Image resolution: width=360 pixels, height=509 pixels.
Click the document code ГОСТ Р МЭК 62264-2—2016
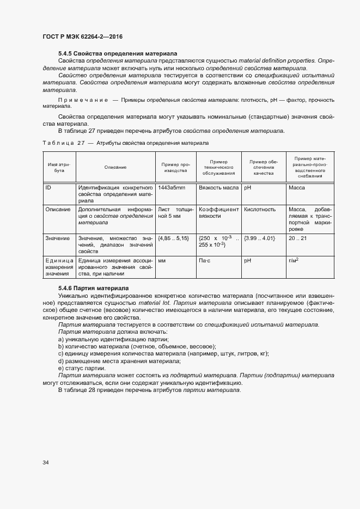click(x=82, y=36)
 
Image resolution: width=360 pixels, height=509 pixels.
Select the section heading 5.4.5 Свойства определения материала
click(x=118, y=54)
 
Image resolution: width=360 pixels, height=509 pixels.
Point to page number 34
click(x=45, y=463)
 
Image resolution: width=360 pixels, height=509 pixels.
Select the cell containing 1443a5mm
click(x=172, y=188)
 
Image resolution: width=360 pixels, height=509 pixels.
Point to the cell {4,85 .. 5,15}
click(x=173, y=238)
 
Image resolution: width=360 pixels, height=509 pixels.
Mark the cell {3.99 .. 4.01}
click(x=260, y=238)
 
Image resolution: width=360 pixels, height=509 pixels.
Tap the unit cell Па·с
click(x=206, y=261)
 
